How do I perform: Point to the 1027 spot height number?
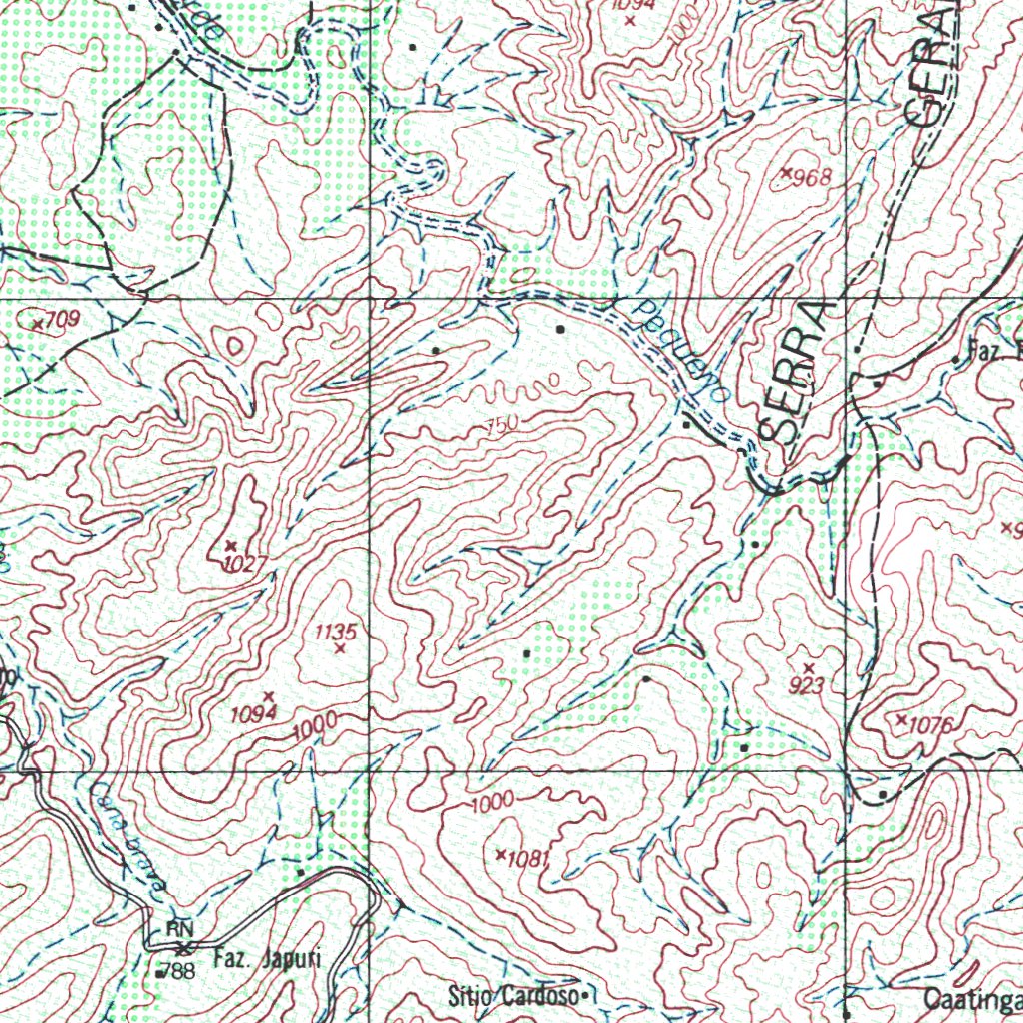pyautogui.click(x=245, y=564)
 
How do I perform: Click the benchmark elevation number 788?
pyautogui.click(x=181, y=970)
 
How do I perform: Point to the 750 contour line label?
pyautogui.click(x=499, y=425)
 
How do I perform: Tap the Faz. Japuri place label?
pyautogui.click(x=267, y=960)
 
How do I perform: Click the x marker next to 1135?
pyautogui.click(x=340, y=649)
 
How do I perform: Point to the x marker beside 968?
pyautogui.click(x=787, y=174)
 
